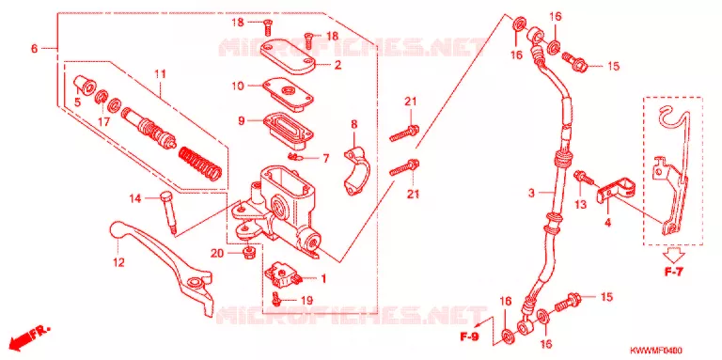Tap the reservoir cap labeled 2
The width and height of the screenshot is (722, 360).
pos(289,56)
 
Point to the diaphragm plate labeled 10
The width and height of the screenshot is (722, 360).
pos(288,95)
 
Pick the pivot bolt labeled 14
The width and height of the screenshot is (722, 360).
pos(168,212)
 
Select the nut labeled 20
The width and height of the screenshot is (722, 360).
pos(248,252)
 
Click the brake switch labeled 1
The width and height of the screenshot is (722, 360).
pos(284,274)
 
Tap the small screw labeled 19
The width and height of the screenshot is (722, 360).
pos(276,299)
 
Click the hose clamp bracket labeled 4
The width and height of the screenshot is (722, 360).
pos(616,190)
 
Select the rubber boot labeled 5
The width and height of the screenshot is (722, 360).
pos(86,85)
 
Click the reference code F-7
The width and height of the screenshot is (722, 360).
pos(673,273)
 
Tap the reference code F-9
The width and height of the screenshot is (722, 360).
pos(468,337)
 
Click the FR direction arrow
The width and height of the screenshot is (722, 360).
pos(28,337)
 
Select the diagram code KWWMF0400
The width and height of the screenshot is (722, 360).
pos(656,350)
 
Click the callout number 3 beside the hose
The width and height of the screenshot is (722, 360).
pos(531,194)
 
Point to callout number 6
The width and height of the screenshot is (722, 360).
pos(34,48)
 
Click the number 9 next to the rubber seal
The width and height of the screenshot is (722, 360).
pos(242,120)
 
